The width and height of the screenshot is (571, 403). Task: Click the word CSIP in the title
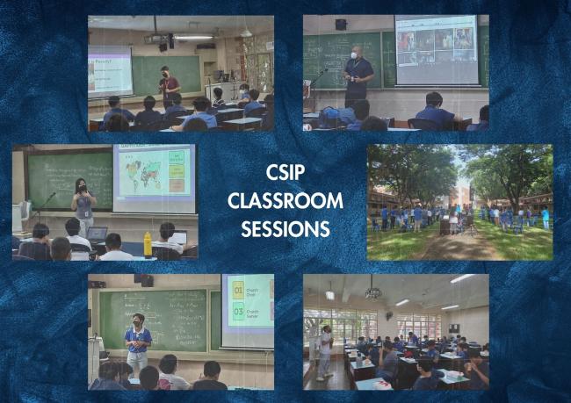pyautogui.click(x=285, y=172)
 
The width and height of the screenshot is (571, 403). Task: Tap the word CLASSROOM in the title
pyautogui.click(x=285, y=201)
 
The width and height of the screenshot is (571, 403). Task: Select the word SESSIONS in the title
pyautogui.click(x=285, y=230)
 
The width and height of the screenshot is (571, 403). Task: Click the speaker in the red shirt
pyautogui.click(x=168, y=85)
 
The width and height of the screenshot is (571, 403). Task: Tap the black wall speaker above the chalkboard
pyautogui.click(x=340, y=24)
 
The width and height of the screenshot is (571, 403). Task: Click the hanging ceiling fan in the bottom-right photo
pyautogui.click(x=372, y=291)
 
